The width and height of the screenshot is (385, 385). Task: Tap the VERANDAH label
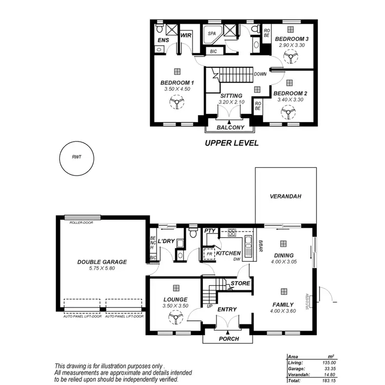click(285, 197)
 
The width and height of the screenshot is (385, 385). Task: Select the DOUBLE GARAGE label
click(102, 262)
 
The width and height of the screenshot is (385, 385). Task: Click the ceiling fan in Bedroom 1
click(176, 104)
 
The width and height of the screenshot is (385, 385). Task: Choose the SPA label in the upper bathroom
click(211, 33)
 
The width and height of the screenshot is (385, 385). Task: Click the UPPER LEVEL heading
click(232, 143)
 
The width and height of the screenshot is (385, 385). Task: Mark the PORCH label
click(228, 339)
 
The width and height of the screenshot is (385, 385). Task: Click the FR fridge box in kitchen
click(209, 254)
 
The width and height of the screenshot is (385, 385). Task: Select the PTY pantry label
click(209, 232)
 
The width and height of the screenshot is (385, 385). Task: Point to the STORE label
click(240, 283)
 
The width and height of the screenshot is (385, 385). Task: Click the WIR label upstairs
click(186, 35)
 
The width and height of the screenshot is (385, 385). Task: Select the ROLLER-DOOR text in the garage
click(78, 223)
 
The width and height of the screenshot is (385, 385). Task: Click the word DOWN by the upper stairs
click(260, 74)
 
